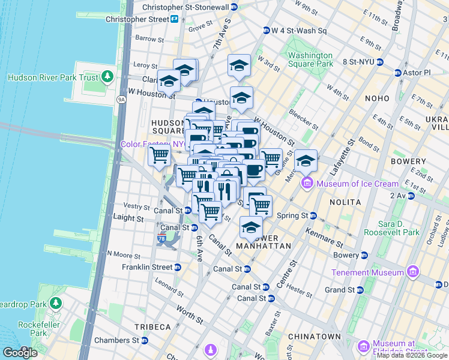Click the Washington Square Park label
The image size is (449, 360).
click(x=310, y=59)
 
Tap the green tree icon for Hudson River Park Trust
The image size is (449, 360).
click(x=107, y=77)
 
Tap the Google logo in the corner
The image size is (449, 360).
click(x=19, y=352)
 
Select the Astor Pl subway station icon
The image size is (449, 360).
click(x=397, y=73)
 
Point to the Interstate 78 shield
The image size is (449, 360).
click(x=162, y=238)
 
